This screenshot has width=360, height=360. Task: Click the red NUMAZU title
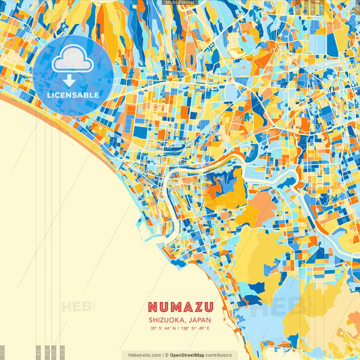[x=180, y=309]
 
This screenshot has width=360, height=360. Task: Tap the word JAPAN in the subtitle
[x=199, y=320]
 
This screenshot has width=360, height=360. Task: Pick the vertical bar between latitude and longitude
[x=179, y=329]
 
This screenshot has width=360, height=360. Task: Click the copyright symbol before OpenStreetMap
[x=166, y=355]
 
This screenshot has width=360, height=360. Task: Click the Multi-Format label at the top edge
[x=180, y=3]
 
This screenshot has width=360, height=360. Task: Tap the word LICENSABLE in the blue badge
[x=74, y=95]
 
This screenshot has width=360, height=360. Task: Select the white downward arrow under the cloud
[x=73, y=79]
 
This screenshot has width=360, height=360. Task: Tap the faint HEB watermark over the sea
[x=78, y=307]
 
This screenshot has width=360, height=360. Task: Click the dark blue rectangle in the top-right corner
[x=332, y=44]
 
